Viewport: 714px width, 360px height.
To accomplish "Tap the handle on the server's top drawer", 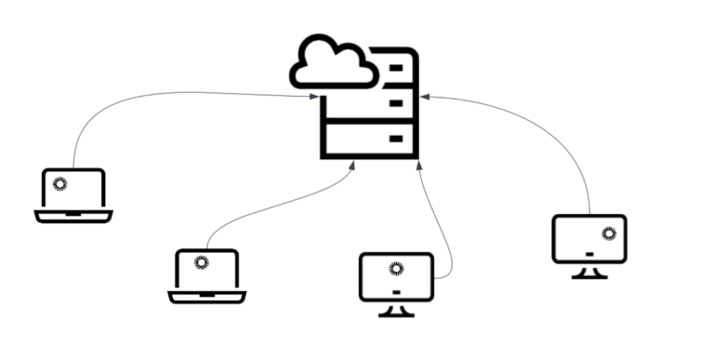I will (x=396, y=67).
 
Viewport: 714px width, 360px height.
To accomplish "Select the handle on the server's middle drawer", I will (x=396, y=102).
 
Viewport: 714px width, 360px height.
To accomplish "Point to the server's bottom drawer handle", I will (x=396, y=139).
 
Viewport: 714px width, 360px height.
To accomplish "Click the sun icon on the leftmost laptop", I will (x=59, y=183).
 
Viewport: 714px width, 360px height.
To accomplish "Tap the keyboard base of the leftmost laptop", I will (x=73, y=217).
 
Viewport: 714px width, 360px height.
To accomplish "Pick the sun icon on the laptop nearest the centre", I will (x=201, y=262).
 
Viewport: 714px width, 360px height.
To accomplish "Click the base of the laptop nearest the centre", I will (x=206, y=298).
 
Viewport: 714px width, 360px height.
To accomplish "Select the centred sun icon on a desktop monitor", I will (x=396, y=270).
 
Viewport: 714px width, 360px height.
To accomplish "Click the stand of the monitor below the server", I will (x=396, y=310).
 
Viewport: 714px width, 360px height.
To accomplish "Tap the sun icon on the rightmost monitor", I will (x=609, y=233).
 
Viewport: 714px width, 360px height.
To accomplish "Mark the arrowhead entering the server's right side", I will (x=423, y=96).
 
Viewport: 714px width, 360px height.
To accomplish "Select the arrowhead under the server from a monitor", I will (x=419, y=165).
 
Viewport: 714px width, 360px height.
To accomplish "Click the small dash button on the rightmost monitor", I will (x=589, y=252).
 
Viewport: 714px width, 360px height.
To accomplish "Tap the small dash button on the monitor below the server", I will (x=396, y=291).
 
